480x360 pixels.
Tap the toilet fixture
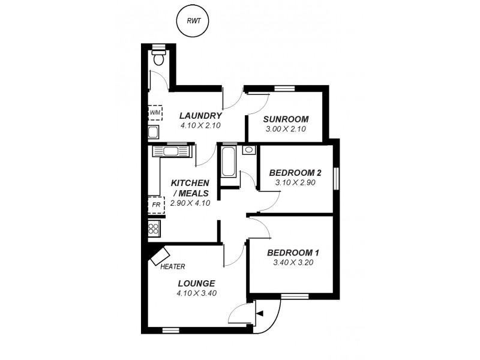158,56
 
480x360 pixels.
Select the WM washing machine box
155,112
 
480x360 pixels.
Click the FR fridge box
155,205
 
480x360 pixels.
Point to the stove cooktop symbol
154,228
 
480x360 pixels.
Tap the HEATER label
173,266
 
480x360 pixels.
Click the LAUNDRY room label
200,116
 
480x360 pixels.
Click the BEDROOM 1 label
293,252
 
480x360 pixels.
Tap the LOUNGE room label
196,283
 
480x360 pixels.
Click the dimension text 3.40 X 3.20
293,262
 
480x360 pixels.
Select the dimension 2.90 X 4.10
190,203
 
